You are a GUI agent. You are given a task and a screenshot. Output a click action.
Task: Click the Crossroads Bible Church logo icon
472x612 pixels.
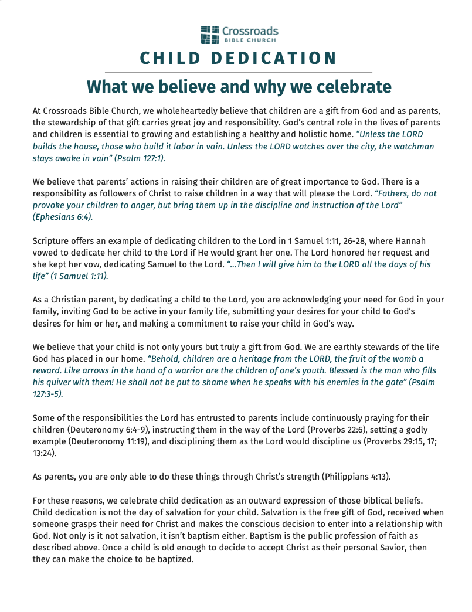209,35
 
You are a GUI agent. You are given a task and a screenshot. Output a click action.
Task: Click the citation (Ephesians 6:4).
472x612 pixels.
63,216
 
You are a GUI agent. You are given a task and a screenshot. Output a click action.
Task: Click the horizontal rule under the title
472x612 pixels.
238,72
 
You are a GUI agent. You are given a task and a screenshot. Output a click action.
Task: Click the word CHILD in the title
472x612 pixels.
168,59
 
